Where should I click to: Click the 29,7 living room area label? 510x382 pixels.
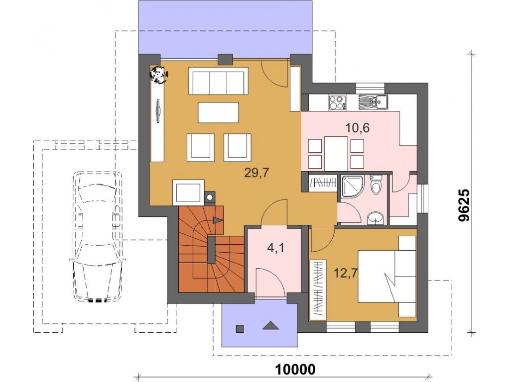(256, 173)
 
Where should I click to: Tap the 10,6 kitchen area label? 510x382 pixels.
(357, 128)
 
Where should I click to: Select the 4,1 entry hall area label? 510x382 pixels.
(275, 248)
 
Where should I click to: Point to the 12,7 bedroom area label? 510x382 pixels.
(346, 273)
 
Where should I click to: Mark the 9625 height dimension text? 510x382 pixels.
(464, 205)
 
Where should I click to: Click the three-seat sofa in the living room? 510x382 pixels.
(218, 81)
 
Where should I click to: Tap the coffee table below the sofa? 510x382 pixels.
(218, 112)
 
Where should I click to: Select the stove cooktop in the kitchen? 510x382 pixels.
(337, 102)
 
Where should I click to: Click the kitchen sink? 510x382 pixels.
(374, 101)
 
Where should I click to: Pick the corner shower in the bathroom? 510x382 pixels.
(352, 187)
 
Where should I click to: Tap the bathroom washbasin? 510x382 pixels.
(376, 218)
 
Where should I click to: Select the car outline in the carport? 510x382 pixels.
(97, 237)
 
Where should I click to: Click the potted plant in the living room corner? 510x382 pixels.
(158, 74)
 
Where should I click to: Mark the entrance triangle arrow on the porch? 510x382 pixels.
(270, 326)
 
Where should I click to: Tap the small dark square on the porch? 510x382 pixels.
(240, 328)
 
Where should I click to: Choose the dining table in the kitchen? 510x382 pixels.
(336, 153)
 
